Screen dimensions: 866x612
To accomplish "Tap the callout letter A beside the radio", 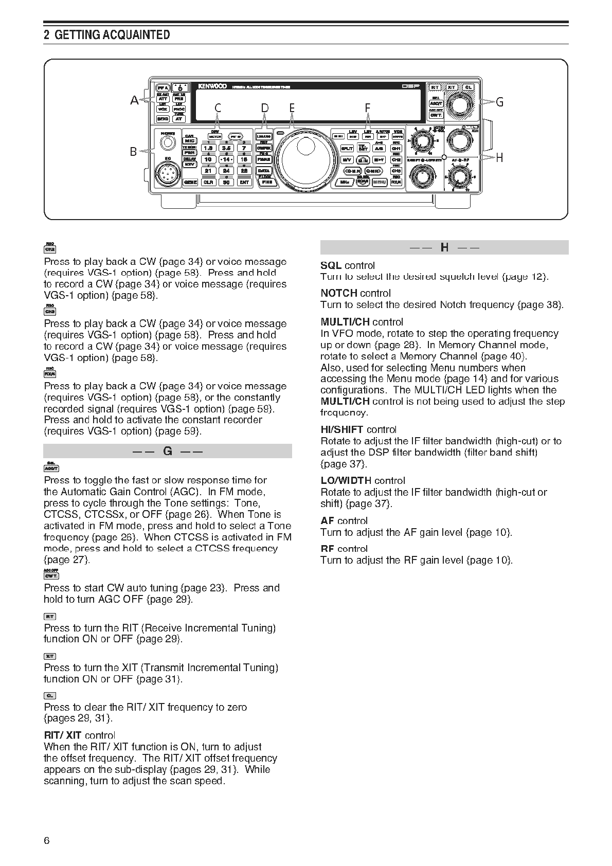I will point(135,101).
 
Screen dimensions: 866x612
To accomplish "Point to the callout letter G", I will point(499,102).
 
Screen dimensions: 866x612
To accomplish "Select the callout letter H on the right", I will point(499,157).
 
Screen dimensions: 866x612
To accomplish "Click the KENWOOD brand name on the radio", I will point(212,86).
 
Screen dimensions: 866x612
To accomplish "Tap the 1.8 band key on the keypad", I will point(208,148).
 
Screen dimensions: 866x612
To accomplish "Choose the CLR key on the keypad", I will point(208,182).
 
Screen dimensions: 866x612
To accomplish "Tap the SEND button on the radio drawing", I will point(163,119).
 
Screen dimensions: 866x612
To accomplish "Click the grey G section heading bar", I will point(168,452).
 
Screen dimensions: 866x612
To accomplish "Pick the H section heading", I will point(444,247).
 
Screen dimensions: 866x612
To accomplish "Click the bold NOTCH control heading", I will point(339,293).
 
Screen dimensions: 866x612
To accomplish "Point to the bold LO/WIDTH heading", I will point(346,480).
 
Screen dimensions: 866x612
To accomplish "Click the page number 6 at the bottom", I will point(47,841).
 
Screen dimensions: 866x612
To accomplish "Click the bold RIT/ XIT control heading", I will point(63,735).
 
